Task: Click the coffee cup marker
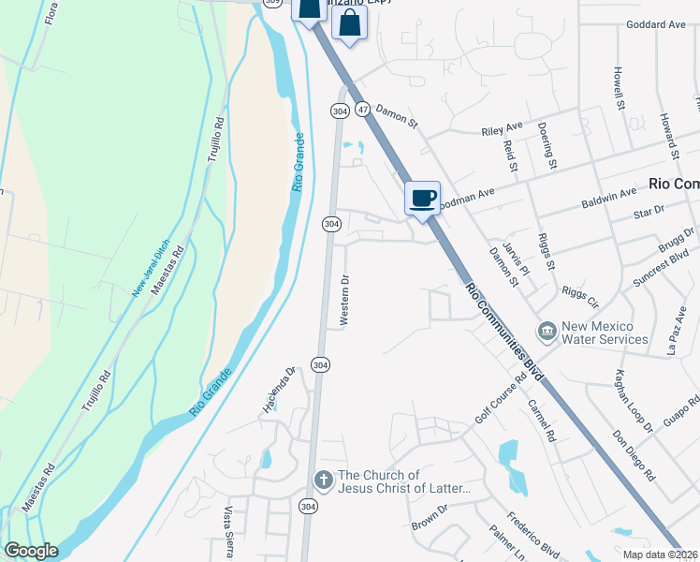coord(422,198)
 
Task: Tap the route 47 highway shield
coord(363,110)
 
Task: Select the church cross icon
coord(323,481)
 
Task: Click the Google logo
coord(30,551)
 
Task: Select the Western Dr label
coord(344,300)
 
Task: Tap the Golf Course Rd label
coord(495,400)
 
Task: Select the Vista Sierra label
coord(227,532)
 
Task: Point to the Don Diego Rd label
coord(633,456)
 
